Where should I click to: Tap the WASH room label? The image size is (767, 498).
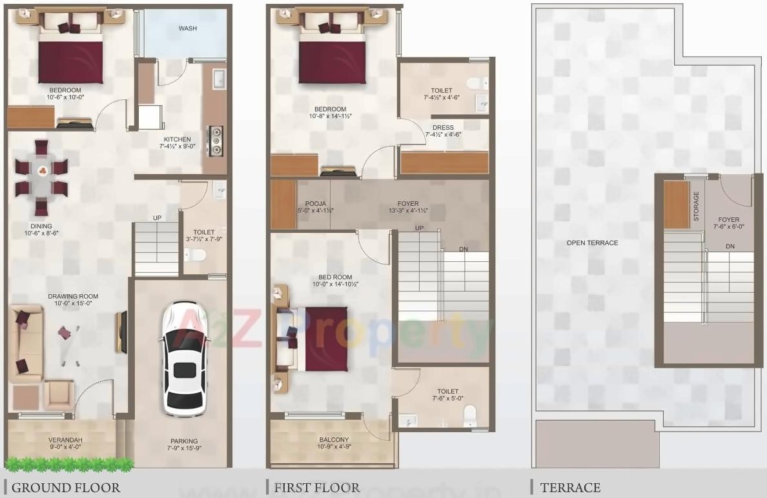click(188, 29)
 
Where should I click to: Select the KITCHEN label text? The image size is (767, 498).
click(177, 139)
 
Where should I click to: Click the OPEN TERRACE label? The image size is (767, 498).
click(592, 243)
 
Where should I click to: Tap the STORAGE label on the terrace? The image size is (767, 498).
click(696, 206)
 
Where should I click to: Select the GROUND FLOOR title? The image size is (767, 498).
click(66, 488)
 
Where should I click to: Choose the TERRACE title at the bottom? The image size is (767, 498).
click(570, 488)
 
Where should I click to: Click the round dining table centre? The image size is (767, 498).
click(43, 171)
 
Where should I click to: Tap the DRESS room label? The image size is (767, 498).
click(444, 128)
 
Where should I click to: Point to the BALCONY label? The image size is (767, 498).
click(333, 440)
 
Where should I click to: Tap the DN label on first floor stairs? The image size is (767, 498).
click(464, 250)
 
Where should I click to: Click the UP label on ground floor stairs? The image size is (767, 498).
click(157, 218)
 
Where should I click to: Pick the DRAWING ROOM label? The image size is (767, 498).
click(73, 297)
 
